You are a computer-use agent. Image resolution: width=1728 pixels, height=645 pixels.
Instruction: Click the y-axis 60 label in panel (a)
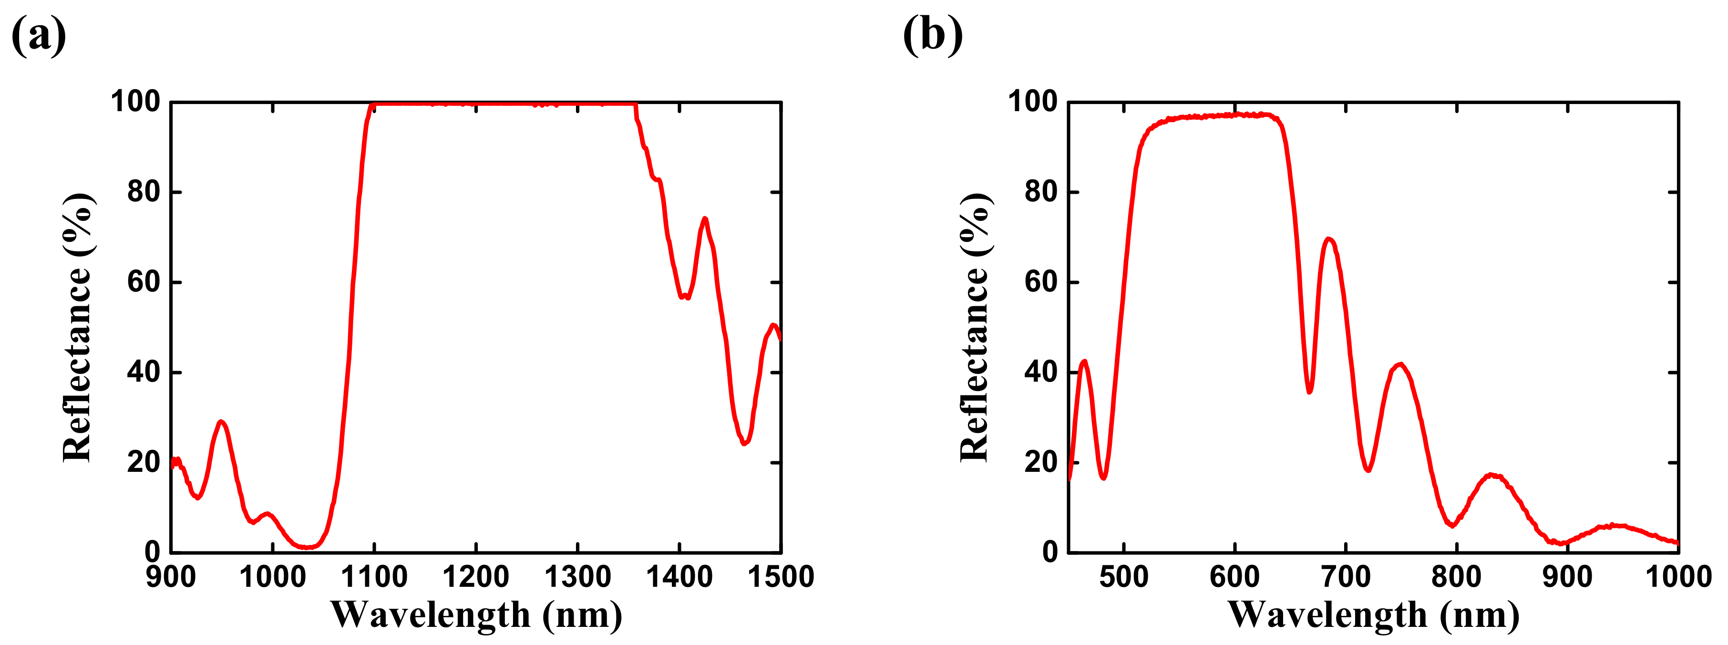coord(144,282)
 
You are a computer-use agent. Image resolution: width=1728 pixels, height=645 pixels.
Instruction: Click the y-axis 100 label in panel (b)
coord(1033,102)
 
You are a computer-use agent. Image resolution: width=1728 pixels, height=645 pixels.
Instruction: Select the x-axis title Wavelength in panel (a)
coord(476,614)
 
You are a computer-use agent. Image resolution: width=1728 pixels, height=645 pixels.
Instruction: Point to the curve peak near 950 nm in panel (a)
coord(221,422)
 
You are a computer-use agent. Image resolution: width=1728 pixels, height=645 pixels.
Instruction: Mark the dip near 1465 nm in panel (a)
coord(744,444)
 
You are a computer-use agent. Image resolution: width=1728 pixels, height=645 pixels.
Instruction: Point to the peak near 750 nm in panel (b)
coord(1400,364)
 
